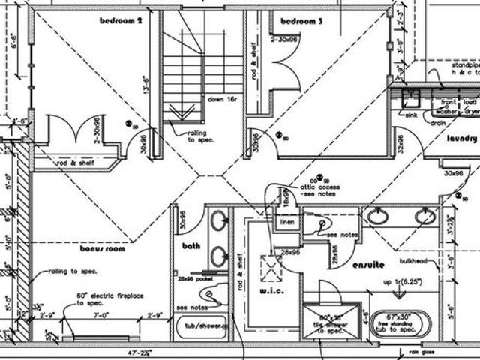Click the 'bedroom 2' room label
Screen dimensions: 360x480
[121, 21]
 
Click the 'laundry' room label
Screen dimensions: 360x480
[461, 139]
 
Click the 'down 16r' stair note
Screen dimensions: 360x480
[223, 98]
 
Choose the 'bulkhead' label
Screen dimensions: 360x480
[413, 261]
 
